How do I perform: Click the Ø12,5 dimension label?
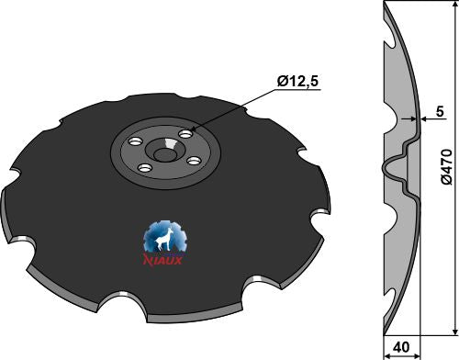[297, 82]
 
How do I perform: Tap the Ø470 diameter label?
[447, 167]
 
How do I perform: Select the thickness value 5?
[440, 111]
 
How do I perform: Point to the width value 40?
[401, 347]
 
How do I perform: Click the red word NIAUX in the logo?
[163, 260]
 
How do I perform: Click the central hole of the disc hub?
[163, 155]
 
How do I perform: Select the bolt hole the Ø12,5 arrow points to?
[186, 134]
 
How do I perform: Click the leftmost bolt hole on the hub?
[136, 142]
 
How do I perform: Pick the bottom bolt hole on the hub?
[145, 168]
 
